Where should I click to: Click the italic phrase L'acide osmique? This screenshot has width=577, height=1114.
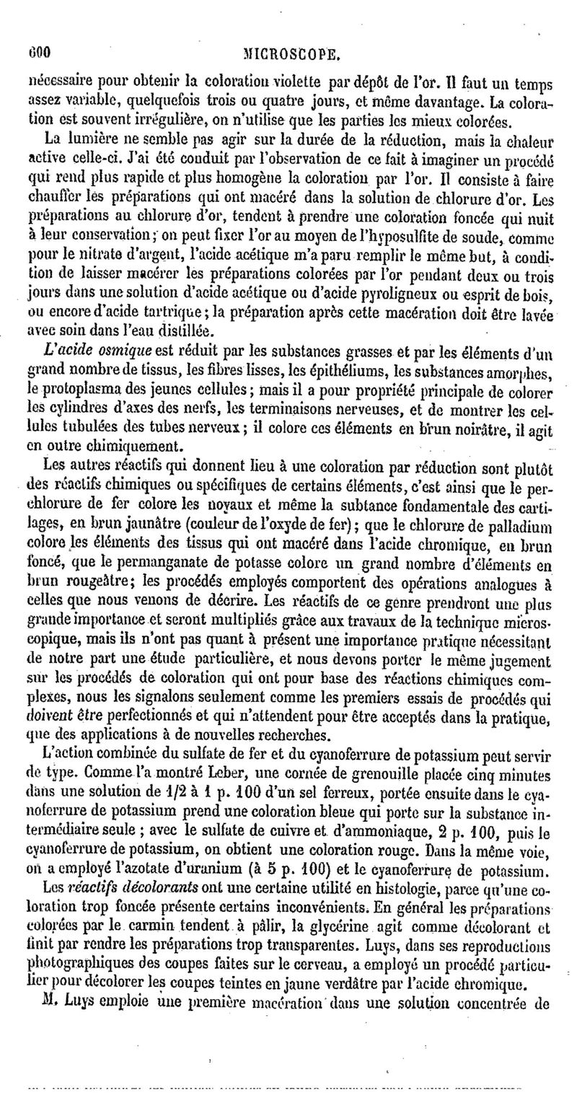click(107, 350)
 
